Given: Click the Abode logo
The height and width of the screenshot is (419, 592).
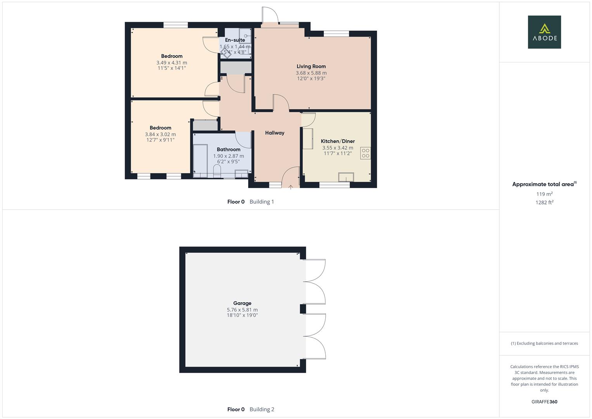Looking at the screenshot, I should [x=544, y=32].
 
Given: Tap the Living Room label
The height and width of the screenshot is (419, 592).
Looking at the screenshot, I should [x=311, y=66].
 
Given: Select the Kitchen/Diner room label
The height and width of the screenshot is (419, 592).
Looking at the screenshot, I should [x=338, y=141].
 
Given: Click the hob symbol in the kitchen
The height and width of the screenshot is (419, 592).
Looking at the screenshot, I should [x=365, y=153].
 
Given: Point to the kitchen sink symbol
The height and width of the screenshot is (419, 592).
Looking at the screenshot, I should [x=346, y=177].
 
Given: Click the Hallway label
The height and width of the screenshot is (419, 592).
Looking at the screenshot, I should [x=274, y=133].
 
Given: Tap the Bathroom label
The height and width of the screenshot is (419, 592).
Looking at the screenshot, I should [x=228, y=149].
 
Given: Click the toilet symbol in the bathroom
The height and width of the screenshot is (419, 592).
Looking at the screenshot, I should [x=217, y=171].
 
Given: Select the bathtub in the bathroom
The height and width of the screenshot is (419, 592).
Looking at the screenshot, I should [x=200, y=161].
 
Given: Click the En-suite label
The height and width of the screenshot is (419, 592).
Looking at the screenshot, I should [x=235, y=40].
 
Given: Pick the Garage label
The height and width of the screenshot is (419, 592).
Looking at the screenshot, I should [x=242, y=303].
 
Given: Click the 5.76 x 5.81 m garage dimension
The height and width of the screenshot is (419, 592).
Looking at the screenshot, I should [x=242, y=310].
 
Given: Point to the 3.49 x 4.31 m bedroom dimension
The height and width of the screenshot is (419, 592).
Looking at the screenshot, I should [x=172, y=62].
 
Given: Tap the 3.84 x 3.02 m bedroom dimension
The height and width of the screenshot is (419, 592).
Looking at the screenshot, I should [x=161, y=134].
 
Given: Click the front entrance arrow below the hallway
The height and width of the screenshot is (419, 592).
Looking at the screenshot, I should [x=291, y=187].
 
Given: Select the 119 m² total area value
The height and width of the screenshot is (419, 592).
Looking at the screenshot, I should [x=544, y=194].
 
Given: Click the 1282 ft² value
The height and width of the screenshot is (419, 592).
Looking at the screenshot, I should [x=544, y=202].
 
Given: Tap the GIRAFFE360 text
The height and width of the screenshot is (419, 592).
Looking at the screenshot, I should [x=544, y=402].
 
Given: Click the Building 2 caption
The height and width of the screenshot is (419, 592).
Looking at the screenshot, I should [x=262, y=409].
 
